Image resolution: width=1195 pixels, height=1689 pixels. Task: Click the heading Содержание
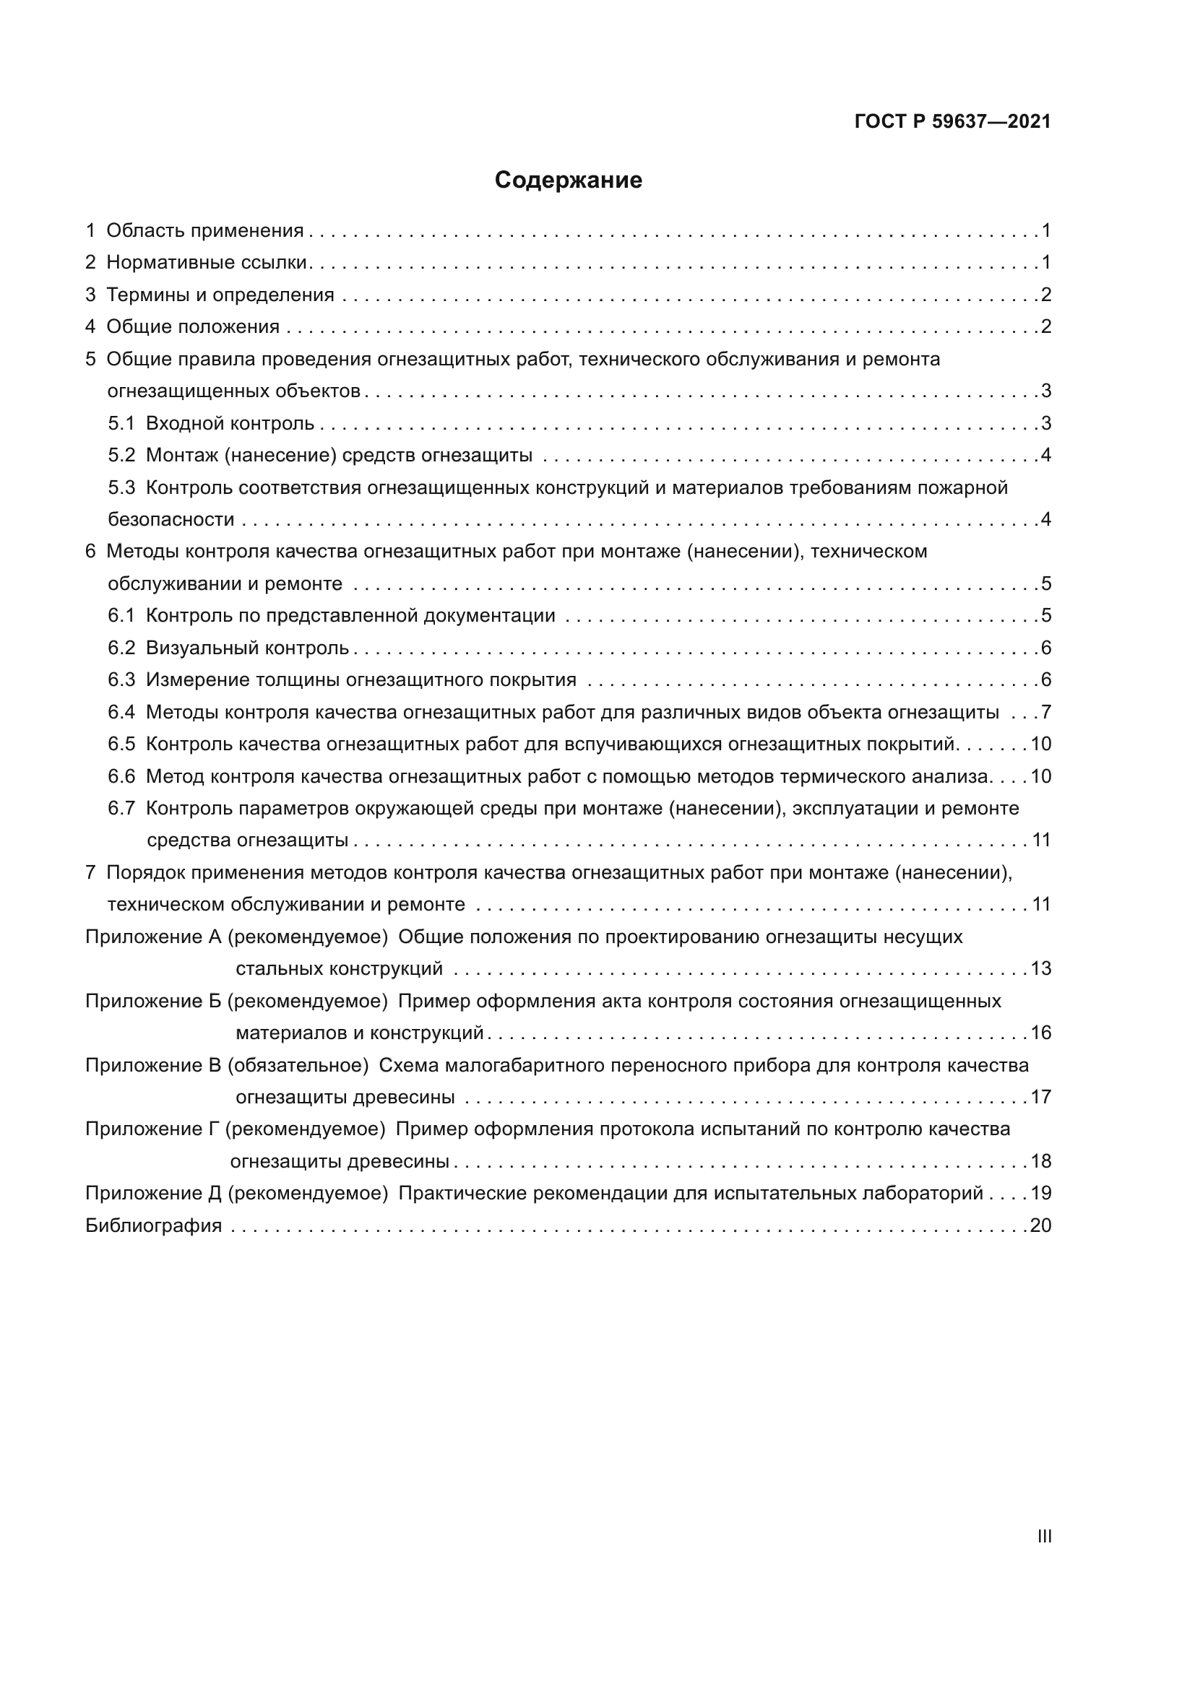(x=568, y=181)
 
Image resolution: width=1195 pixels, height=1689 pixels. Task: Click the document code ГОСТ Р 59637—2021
(x=952, y=122)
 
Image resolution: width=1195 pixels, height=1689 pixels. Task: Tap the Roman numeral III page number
(x=1043, y=1537)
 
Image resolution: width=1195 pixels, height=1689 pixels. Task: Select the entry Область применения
(x=204, y=231)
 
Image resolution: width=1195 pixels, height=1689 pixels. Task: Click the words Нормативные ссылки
(x=206, y=263)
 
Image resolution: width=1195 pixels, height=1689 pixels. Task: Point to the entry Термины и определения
(x=220, y=295)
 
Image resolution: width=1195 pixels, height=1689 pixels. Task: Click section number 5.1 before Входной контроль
(x=121, y=424)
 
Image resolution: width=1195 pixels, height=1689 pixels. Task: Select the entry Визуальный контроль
(x=247, y=648)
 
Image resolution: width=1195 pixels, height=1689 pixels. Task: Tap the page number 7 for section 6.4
(x=1045, y=712)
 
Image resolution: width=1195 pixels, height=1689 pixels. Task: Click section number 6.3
(x=121, y=679)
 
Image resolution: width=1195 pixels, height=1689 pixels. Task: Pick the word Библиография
(x=153, y=1225)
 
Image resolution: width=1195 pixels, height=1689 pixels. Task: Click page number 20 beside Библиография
(x=1040, y=1225)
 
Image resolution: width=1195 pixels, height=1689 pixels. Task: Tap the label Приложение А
(x=153, y=937)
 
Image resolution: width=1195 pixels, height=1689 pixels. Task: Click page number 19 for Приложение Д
(x=1040, y=1193)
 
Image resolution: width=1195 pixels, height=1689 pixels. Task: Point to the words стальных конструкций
(x=340, y=969)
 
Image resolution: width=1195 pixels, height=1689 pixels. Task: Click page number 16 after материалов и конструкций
(x=1040, y=1033)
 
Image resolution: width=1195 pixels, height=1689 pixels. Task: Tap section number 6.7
(x=121, y=809)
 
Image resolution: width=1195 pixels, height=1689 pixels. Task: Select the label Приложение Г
(x=152, y=1129)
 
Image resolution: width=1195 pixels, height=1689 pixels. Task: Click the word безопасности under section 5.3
(x=171, y=520)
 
